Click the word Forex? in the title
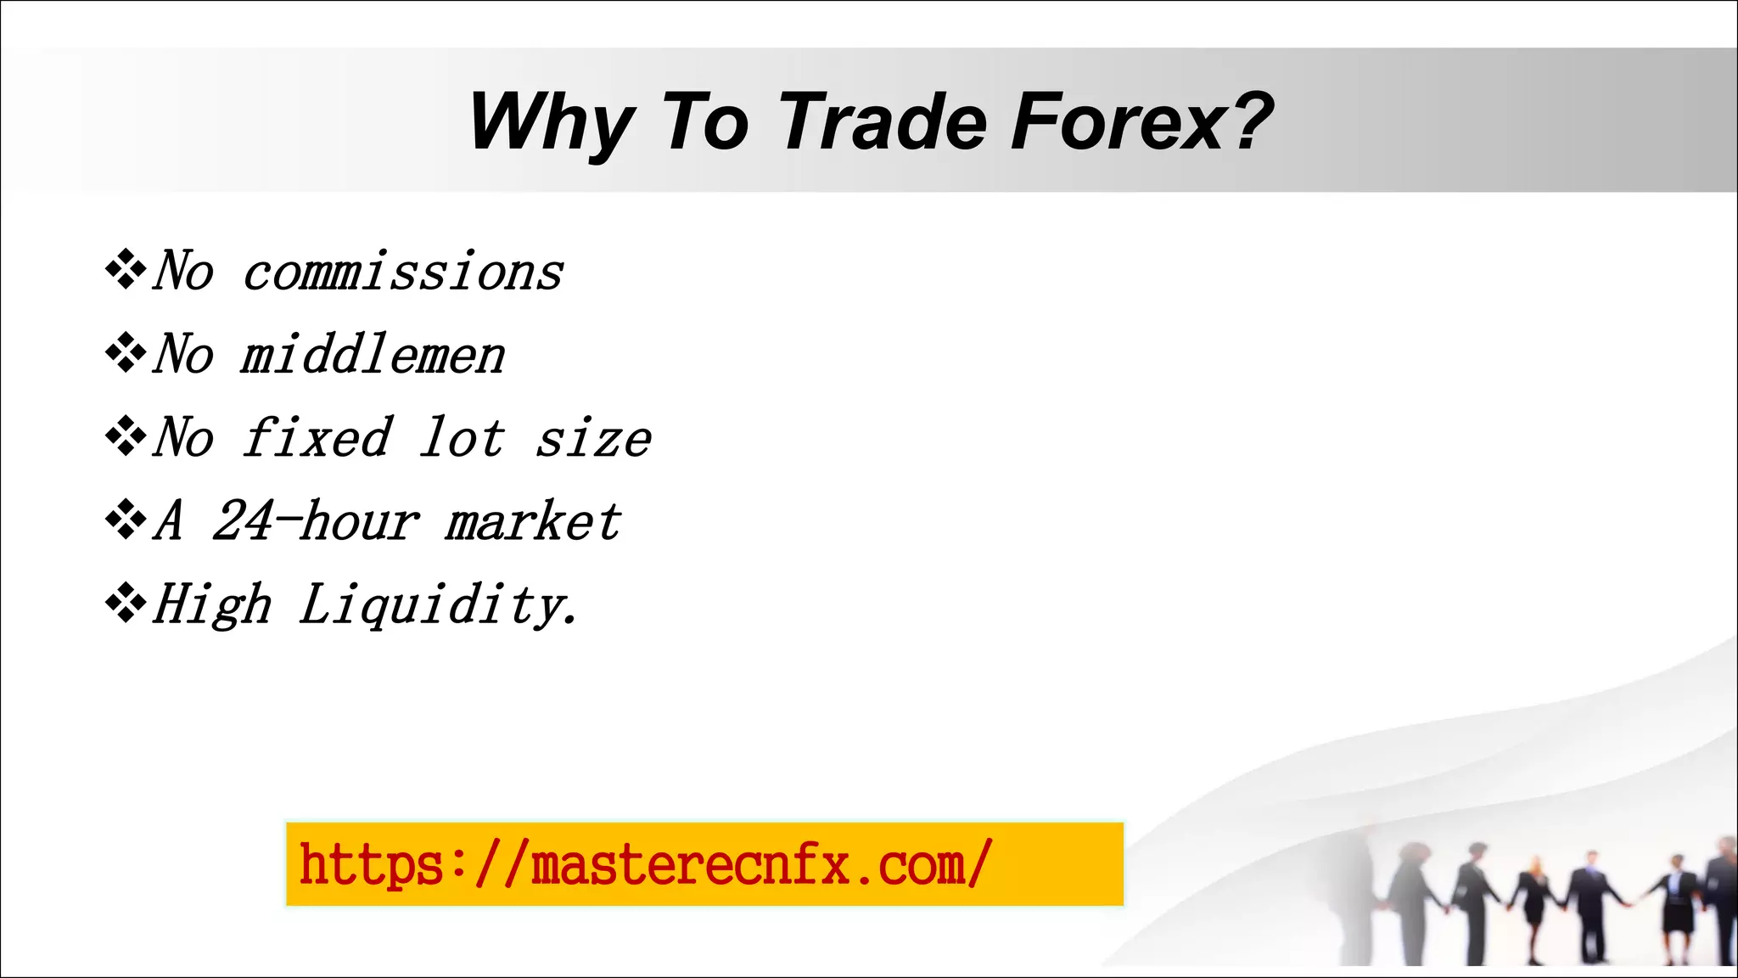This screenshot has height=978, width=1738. (1141, 123)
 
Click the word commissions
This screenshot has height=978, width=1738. (403, 273)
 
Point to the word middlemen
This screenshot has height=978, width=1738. (373, 355)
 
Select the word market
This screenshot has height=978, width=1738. (533, 521)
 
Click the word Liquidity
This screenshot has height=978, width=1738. (438, 605)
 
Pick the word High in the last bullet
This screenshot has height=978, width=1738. (212, 605)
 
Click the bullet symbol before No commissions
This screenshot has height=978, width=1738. (126, 271)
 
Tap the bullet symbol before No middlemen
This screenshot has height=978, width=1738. (126, 353)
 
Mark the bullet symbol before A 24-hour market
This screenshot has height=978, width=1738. (126, 520)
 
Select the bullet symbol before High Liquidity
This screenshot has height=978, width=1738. (126, 604)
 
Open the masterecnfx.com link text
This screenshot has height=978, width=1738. (645, 864)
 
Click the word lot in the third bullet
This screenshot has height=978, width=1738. (463, 438)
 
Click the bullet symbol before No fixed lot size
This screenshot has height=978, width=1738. (126, 436)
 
